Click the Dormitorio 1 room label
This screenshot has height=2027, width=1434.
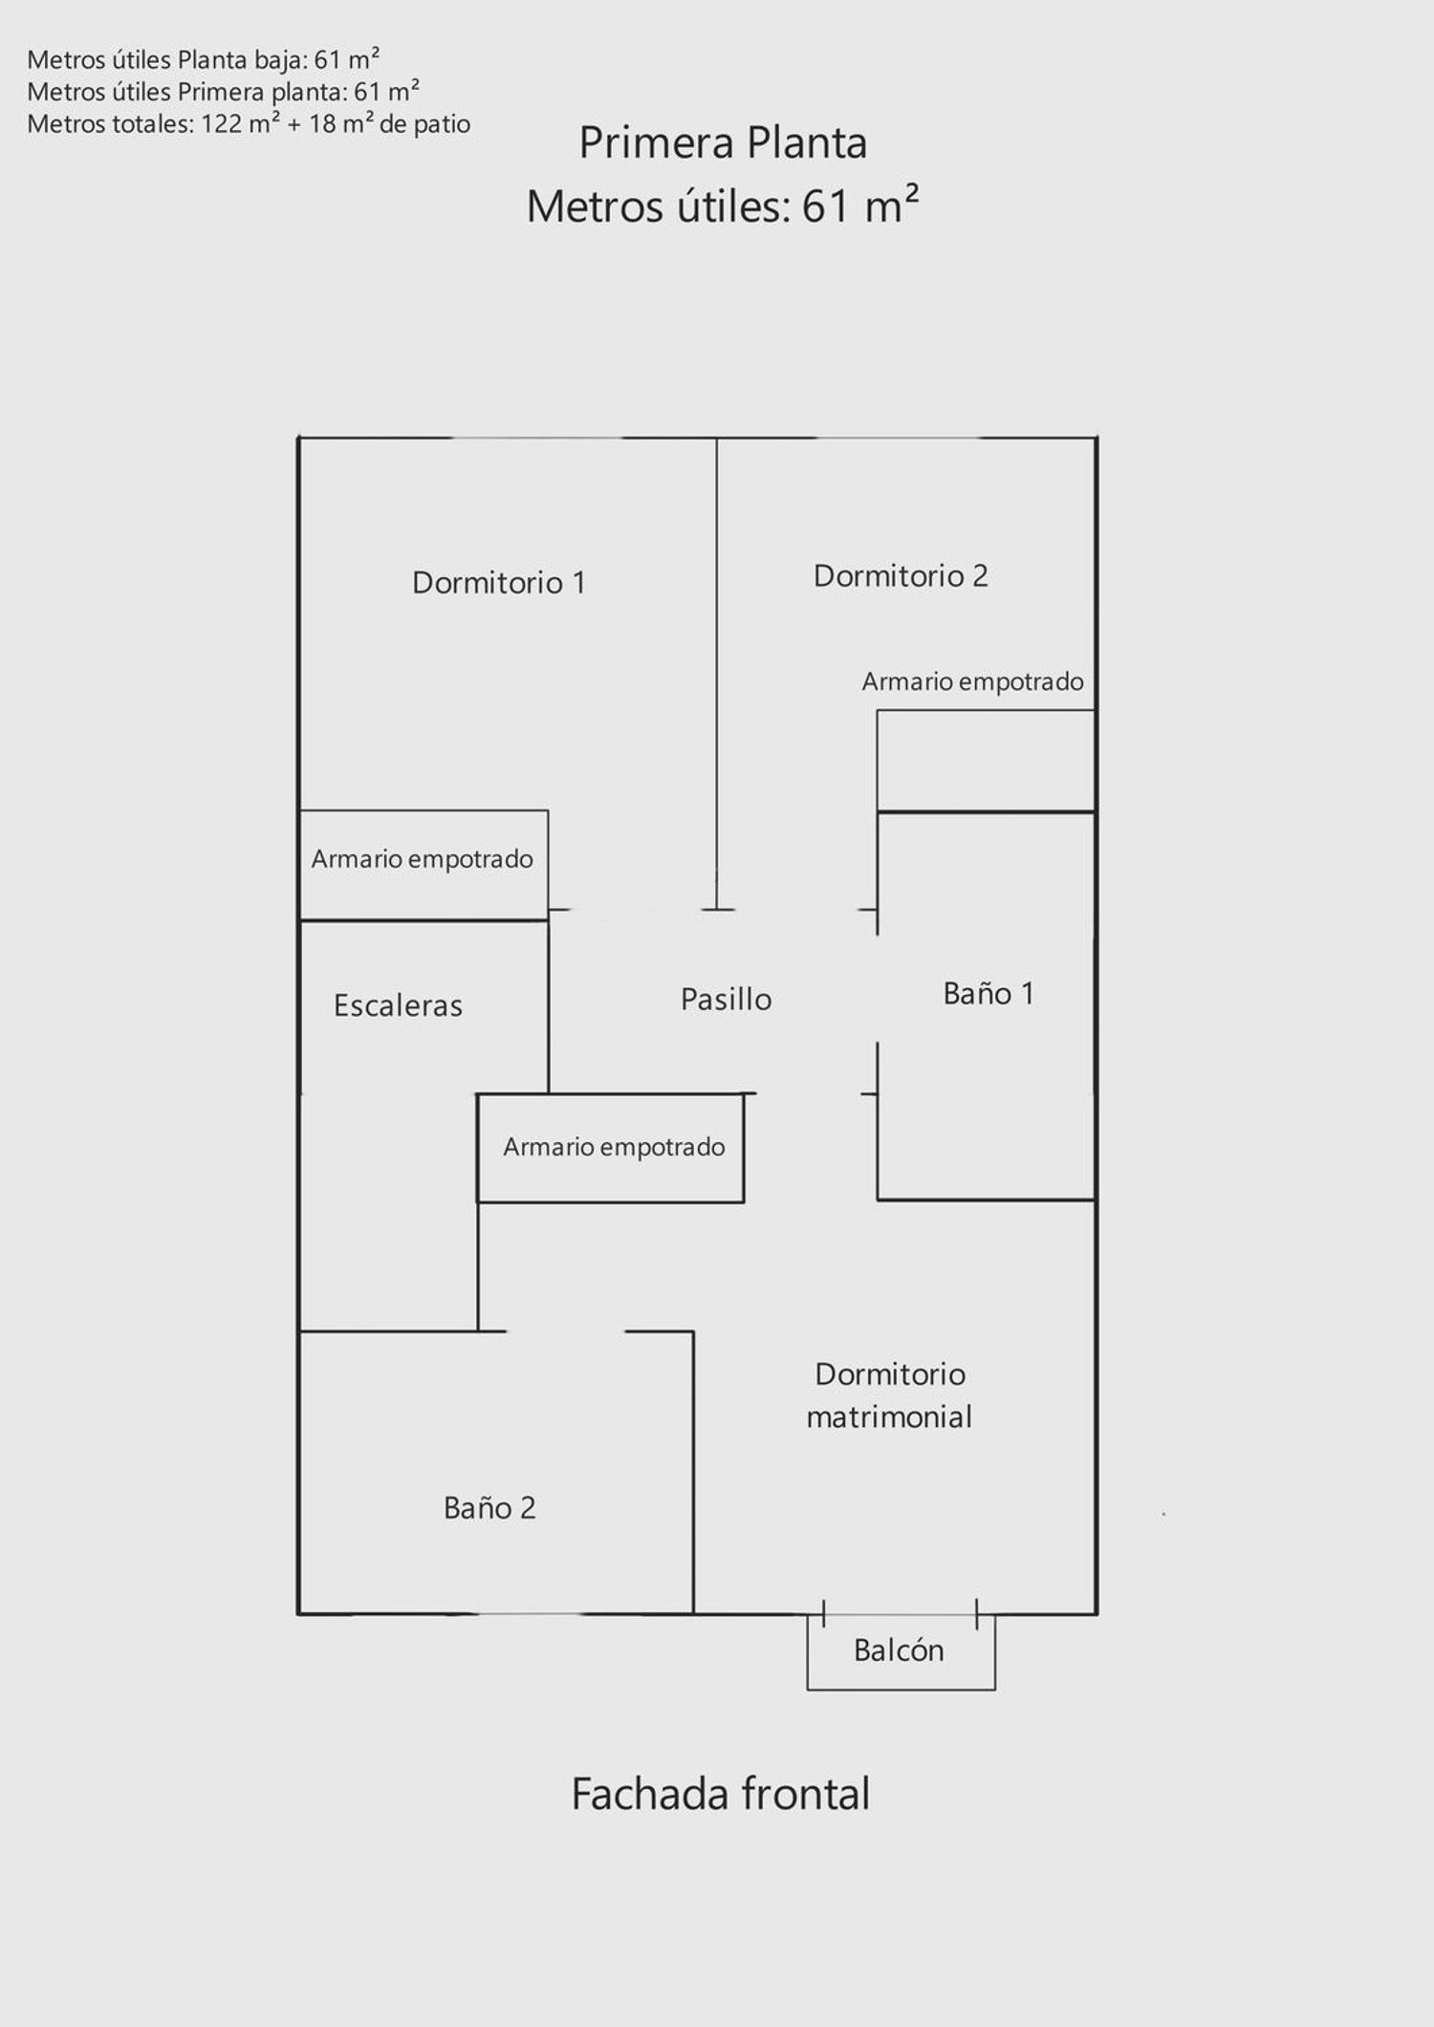pos(498,582)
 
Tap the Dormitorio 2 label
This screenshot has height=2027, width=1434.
pos(901,575)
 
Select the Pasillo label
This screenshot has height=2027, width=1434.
pos(726,999)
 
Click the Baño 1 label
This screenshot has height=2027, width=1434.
pos(989,993)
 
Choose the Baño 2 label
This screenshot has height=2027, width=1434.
pos(489,1507)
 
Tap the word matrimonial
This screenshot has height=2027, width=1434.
pos(889,1416)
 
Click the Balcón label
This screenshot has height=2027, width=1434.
pos(899,1650)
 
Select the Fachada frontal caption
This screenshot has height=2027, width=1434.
pos(721,1794)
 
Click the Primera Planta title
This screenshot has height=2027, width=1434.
pos(723,142)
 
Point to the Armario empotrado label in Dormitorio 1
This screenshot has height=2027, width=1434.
pos(422,859)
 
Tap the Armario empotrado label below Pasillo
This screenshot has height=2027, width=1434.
pos(614,1147)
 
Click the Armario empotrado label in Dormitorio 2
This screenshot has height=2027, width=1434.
pos(972,681)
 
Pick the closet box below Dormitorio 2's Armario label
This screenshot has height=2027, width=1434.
pos(986,761)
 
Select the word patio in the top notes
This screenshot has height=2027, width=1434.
pos(442,124)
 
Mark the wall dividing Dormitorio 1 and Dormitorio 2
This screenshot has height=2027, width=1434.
pos(717,673)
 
